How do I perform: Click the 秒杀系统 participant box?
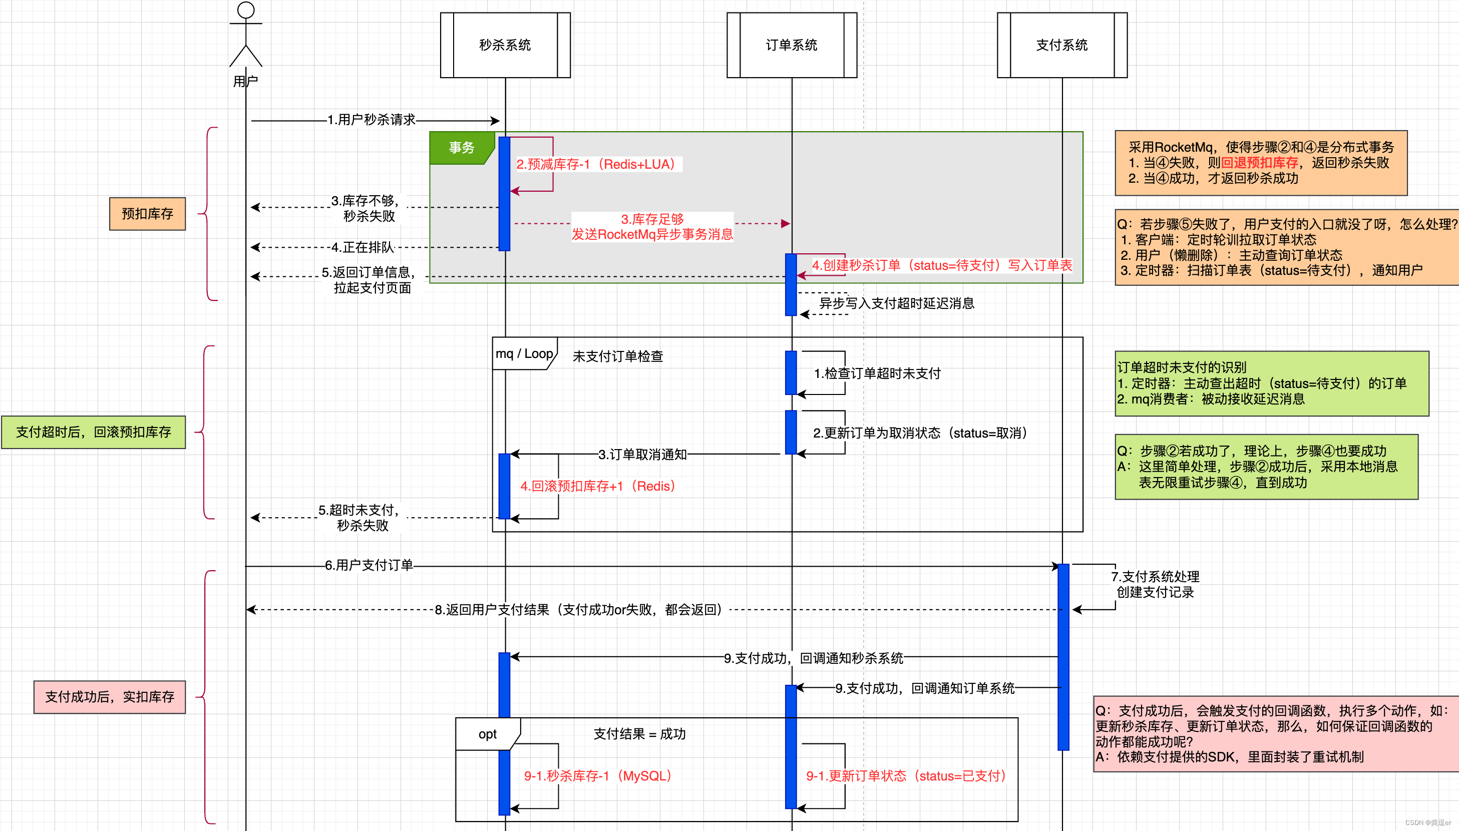(505, 45)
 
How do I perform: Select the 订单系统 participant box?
(791, 45)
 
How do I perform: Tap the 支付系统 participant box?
(1062, 45)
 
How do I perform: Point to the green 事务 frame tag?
(461, 148)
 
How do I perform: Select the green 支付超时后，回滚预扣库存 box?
(94, 432)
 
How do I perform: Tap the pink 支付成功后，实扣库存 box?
(110, 697)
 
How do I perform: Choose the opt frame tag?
(488, 734)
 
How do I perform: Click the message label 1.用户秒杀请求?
(372, 120)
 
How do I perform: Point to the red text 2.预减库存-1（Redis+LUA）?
(596, 164)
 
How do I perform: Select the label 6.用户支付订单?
(369, 565)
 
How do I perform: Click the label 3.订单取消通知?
(642, 455)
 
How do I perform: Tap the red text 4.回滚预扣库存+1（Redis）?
(598, 486)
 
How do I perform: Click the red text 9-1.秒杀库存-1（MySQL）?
(598, 775)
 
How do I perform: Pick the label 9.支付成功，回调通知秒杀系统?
(814, 658)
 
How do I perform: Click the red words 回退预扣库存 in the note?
(1260, 163)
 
